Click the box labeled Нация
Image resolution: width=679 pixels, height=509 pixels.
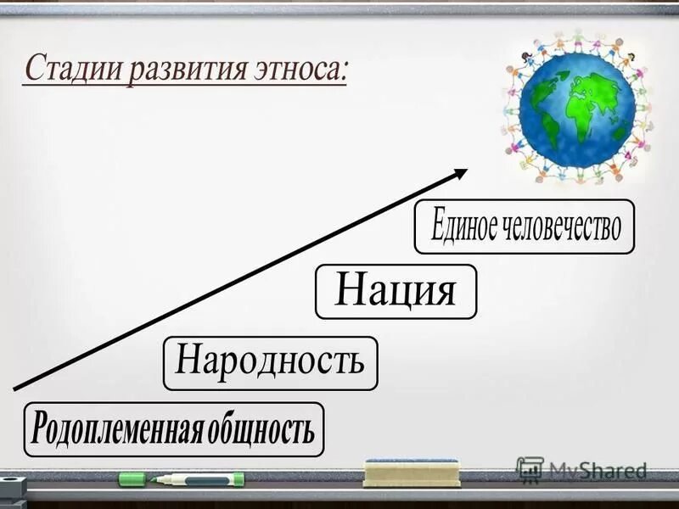[x=396, y=291]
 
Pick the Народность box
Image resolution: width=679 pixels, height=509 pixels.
[x=270, y=363]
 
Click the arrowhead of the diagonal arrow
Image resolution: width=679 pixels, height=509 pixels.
[x=461, y=172]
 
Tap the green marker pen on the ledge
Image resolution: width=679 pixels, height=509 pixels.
[x=195, y=479]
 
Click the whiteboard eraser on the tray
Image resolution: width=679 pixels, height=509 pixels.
[x=411, y=473]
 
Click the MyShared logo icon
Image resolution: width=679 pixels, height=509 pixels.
[x=529, y=469]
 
